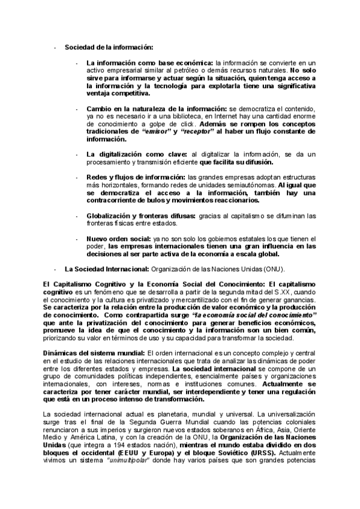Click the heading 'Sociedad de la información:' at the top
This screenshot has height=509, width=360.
109,47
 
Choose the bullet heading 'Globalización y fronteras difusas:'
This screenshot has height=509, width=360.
145,215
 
